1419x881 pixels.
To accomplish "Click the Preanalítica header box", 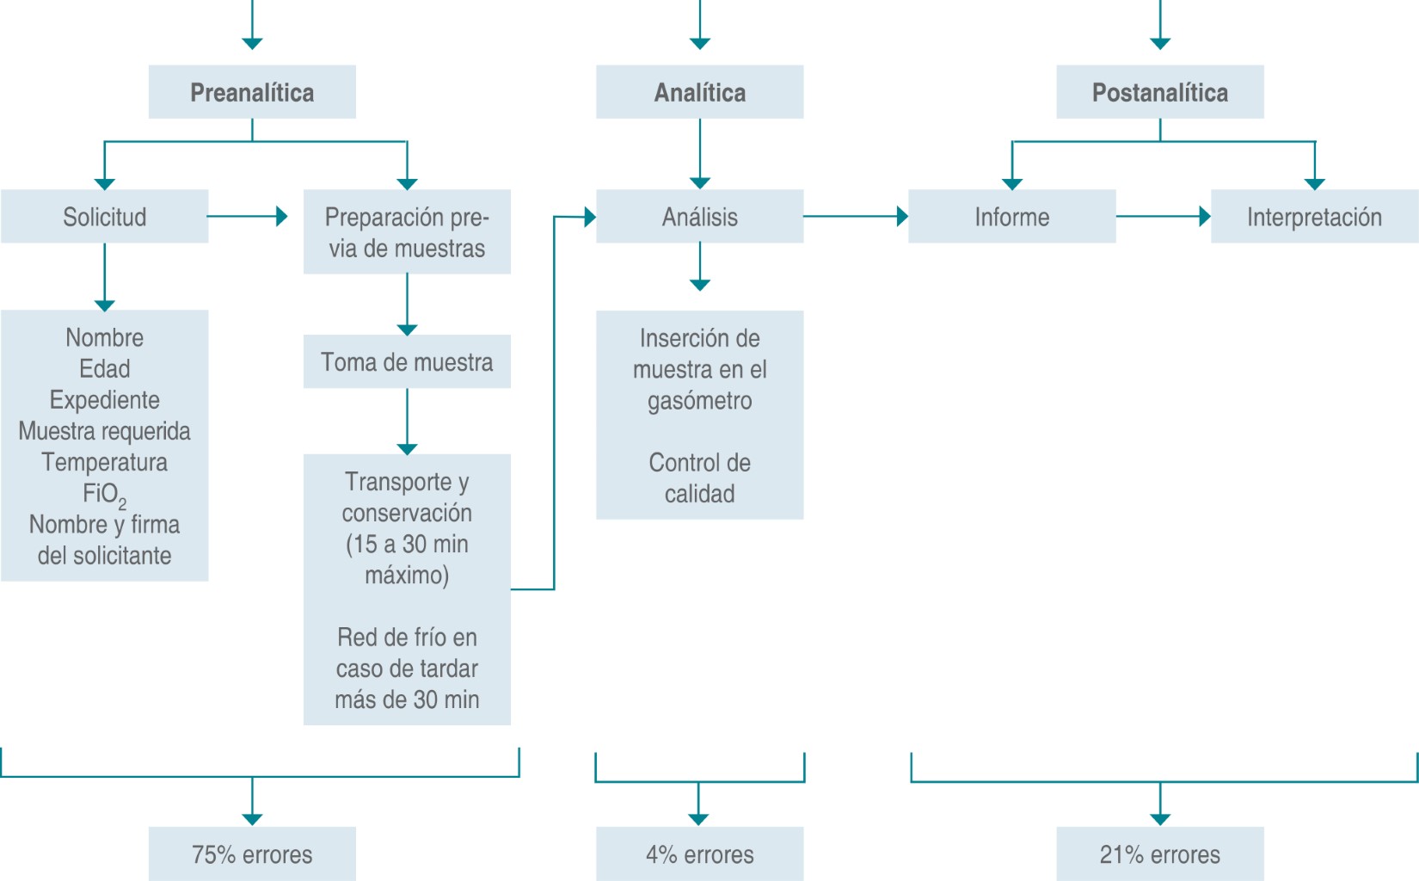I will [252, 92].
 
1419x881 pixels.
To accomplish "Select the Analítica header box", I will [699, 92].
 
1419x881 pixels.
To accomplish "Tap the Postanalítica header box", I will [1159, 92].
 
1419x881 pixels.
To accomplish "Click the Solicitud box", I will [104, 217].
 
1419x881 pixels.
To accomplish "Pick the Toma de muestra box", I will [407, 362].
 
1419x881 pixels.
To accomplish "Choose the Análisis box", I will [699, 217].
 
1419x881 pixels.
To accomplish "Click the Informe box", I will [1011, 217].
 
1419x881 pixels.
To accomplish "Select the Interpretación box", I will [1314, 217].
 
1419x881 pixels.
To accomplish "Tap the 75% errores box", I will [252, 854].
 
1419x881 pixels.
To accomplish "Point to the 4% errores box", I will [699, 854].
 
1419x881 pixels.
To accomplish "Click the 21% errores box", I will [1159, 854].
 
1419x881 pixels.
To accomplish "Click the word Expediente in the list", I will [104, 400].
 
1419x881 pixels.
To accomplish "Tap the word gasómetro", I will [699, 401].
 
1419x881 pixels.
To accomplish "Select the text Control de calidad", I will [699, 478].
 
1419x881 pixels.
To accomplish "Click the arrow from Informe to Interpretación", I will [1163, 217].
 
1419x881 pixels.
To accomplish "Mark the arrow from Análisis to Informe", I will [856, 217].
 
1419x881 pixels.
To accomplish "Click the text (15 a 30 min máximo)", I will [407, 559].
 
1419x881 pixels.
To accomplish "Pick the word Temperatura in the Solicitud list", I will [104, 462].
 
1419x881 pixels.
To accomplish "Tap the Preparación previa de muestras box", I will [407, 232].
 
